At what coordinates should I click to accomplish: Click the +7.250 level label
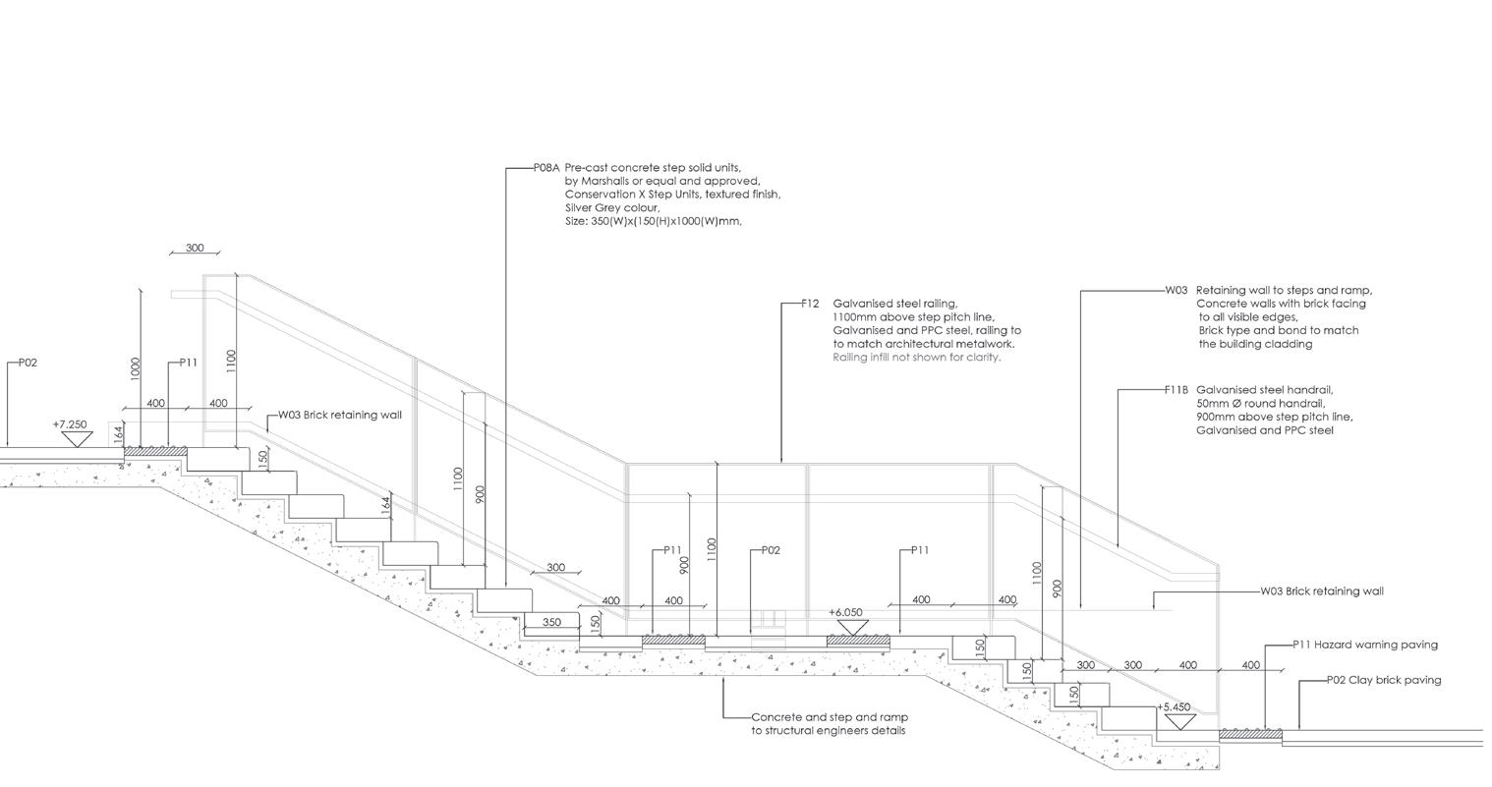pyautogui.click(x=70, y=424)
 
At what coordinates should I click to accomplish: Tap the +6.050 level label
pyautogui.click(x=845, y=612)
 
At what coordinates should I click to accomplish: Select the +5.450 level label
pyautogui.click(x=1174, y=707)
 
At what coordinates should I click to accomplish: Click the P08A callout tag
pyautogui.click(x=545, y=168)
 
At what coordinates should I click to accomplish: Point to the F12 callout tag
pyautogui.click(x=810, y=304)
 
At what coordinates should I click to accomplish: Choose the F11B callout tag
pyautogui.click(x=1176, y=390)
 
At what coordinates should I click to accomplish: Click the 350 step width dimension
pyautogui.click(x=551, y=622)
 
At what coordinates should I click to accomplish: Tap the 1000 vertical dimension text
pyautogui.click(x=136, y=367)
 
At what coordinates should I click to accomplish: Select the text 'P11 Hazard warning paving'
pyautogui.click(x=1365, y=645)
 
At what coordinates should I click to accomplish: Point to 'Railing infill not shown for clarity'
pyautogui.click(x=916, y=358)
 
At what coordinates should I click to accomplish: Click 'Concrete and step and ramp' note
pyautogui.click(x=829, y=717)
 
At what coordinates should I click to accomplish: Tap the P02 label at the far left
pyautogui.click(x=28, y=363)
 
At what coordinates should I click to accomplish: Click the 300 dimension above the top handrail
pyautogui.click(x=195, y=248)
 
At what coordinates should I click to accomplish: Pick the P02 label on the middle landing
pyautogui.click(x=771, y=550)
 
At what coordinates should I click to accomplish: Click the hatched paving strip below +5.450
pyautogui.click(x=1250, y=734)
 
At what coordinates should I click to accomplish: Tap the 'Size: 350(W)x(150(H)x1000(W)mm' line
pyautogui.click(x=653, y=221)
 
